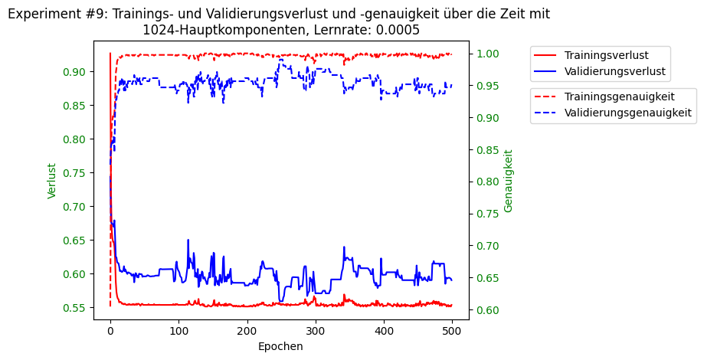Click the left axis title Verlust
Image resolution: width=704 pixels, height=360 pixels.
[x=52, y=181]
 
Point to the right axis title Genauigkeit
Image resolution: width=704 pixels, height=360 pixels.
[x=509, y=181]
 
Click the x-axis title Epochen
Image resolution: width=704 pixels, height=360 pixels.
[x=280, y=346]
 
